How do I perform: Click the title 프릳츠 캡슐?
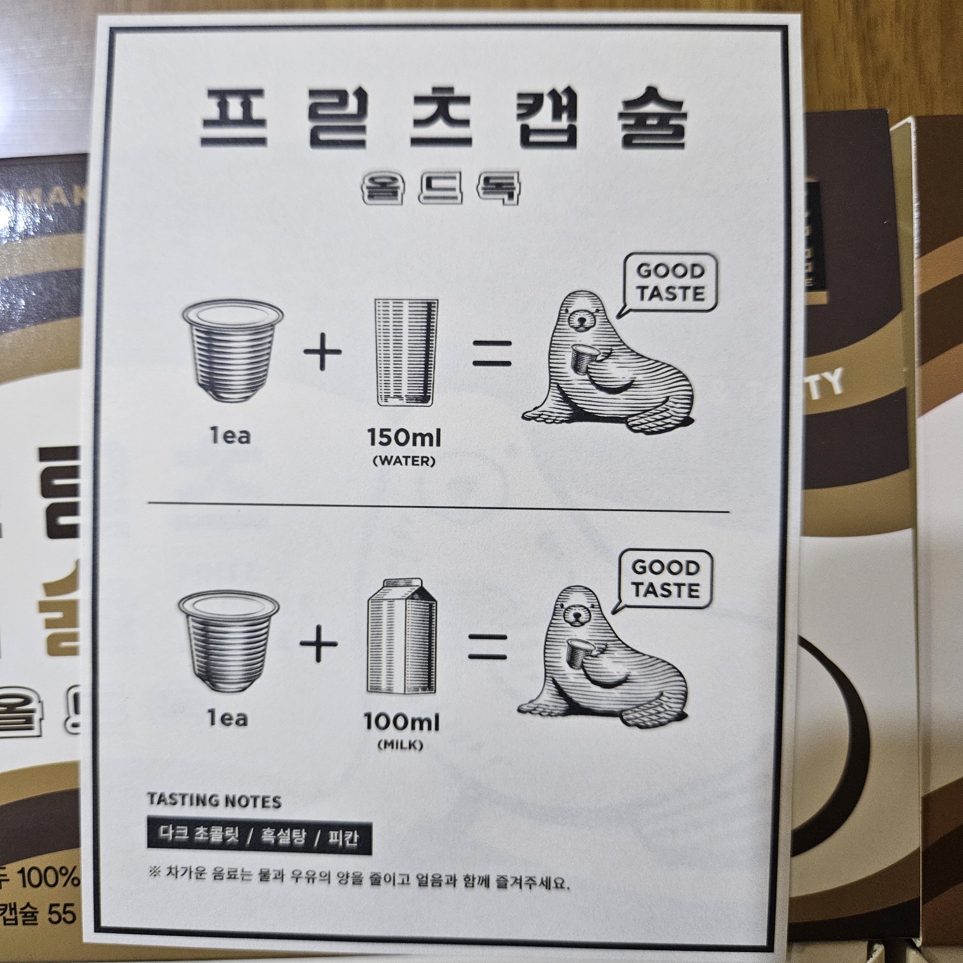(x=443, y=119)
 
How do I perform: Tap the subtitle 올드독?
(x=442, y=187)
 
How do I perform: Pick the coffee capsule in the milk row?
(x=229, y=637)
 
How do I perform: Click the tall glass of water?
(x=406, y=352)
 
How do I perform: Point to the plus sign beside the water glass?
(x=322, y=352)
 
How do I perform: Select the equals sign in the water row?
(x=492, y=353)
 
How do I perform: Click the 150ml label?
(x=404, y=438)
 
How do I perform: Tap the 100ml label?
(x=401, y=722)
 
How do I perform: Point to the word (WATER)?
(x=404, y=461)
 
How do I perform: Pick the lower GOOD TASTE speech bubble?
(x=665, y=579)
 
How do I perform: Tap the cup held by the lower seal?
(x=577, y=652)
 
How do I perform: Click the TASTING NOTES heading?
(x=214, y=801)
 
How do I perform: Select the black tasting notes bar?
(x=259, y=836)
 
